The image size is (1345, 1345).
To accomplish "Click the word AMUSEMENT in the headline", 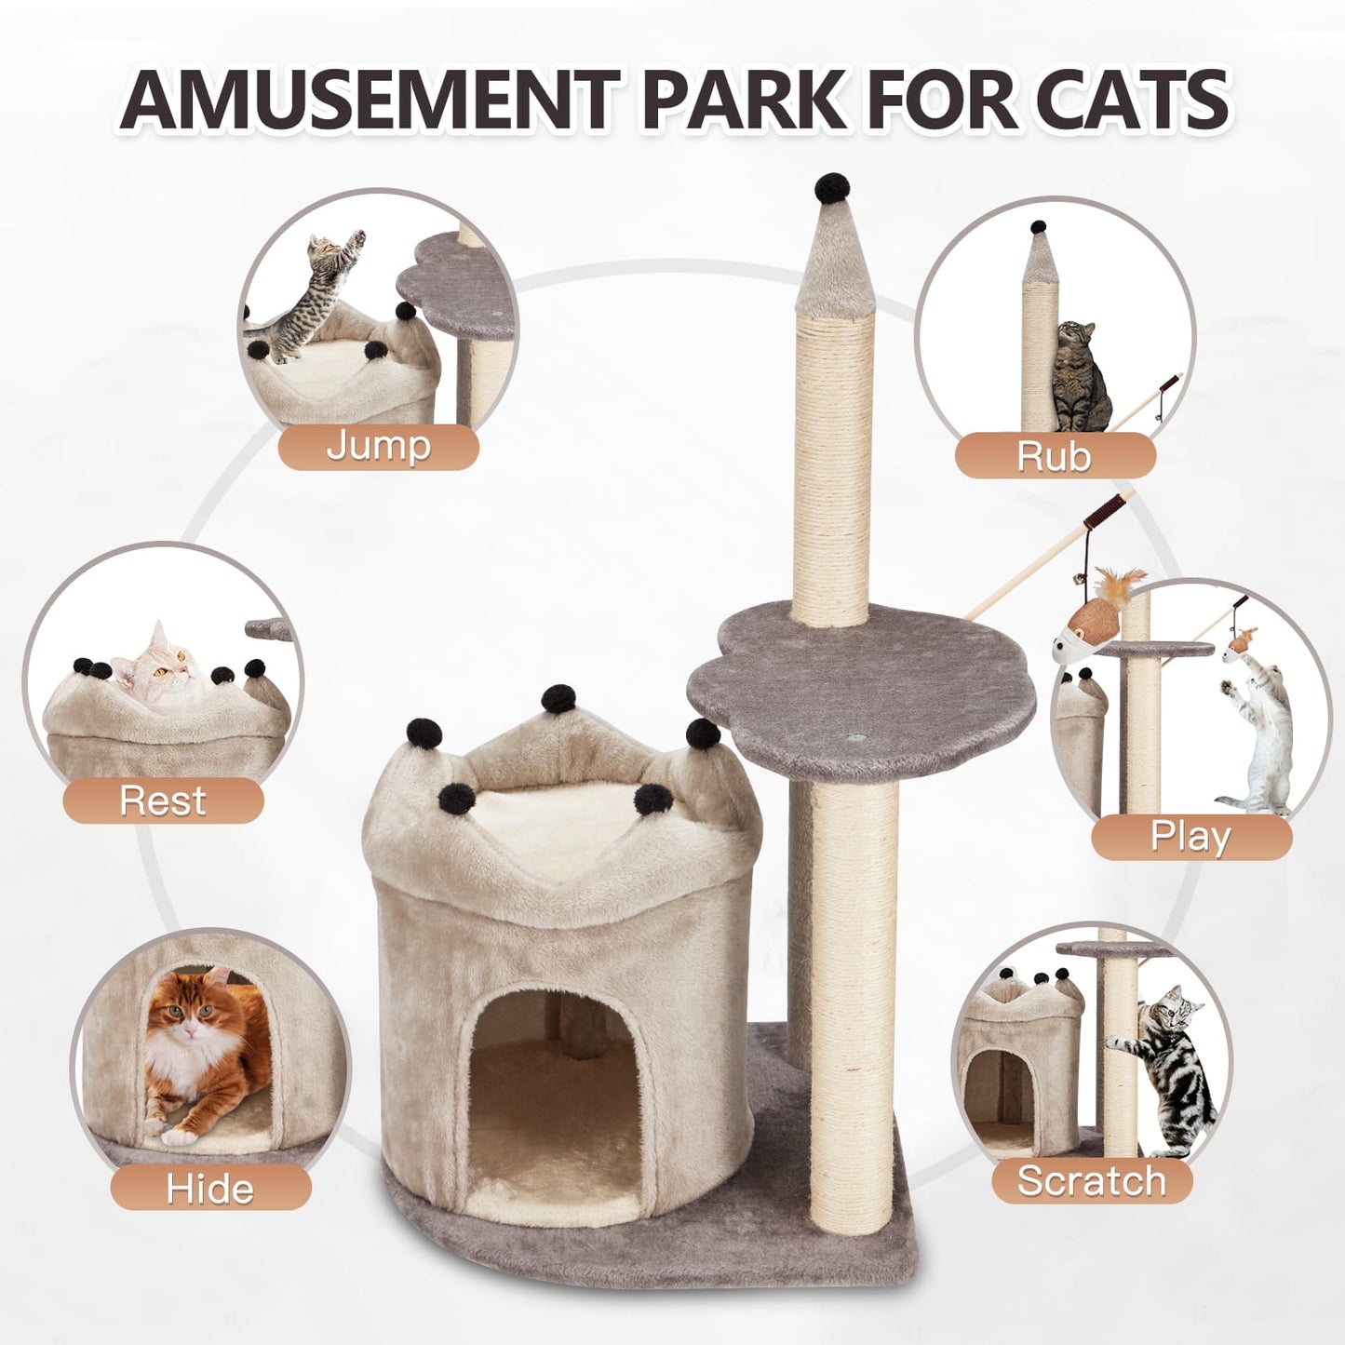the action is click(x=370, y=100).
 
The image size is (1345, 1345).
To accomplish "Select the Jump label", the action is click(x=378, y=446).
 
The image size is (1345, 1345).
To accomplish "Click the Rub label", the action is click(x=1054, y=456).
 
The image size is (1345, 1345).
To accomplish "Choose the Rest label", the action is click(x=163, y=800).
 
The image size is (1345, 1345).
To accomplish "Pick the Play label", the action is click(x=1190, y=836).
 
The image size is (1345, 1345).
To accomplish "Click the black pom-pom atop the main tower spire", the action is click(x=833, y=188).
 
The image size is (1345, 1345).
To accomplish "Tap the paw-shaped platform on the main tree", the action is click(x=862, y=698).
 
